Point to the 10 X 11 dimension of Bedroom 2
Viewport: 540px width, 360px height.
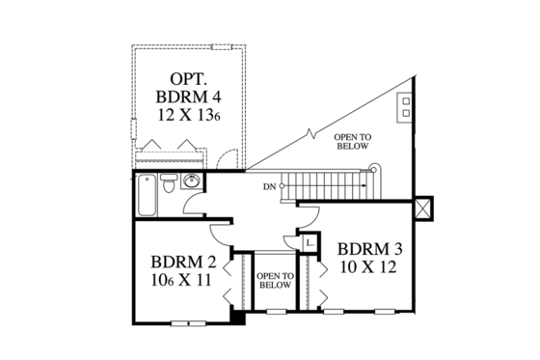(x=180, y=282)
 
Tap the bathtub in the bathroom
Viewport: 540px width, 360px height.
(x=146, y=193)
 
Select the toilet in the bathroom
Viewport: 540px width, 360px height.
(x=168, y=183)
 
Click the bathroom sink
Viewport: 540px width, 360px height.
(x=191, y=180)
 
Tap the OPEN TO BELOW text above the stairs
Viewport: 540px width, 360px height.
(x=354, y=142)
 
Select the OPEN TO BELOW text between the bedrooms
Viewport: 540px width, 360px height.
(x=275, y=280)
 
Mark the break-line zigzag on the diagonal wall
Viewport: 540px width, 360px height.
(x=310, y=131)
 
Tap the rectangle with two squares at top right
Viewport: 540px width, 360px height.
(x=406, y=105)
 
